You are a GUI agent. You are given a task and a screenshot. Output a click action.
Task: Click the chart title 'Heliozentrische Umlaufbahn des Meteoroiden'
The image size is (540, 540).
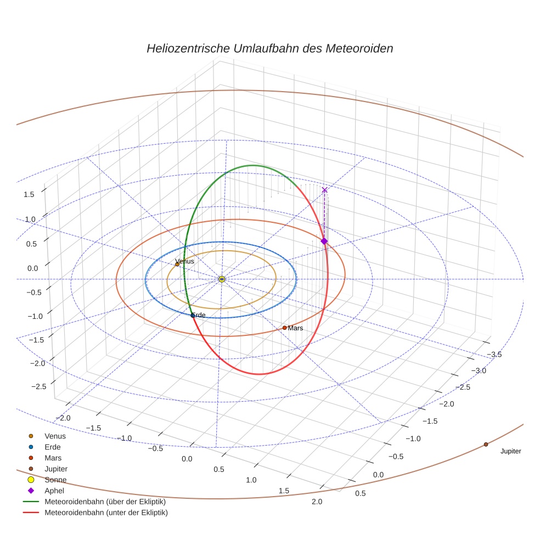click(x=269, y=48)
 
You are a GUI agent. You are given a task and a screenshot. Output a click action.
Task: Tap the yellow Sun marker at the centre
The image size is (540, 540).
click(x=222, y=279)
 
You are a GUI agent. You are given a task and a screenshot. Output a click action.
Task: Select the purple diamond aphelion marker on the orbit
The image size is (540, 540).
click(x=324, y=241)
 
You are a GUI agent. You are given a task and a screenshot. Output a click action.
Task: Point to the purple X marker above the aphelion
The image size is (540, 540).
click(x=324, y=190)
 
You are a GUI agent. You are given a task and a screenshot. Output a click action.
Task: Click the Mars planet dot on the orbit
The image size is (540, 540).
click(x=284, y=328)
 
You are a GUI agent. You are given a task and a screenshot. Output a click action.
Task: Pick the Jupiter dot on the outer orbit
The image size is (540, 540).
click(x=486, y=445)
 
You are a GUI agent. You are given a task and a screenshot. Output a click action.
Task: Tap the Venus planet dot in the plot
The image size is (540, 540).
click(x=177, y=265)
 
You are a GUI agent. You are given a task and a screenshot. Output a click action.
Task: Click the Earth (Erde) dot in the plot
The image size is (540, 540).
click(x=193, y=315)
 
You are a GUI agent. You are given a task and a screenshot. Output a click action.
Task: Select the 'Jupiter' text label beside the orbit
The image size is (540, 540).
click(x=510, y=452)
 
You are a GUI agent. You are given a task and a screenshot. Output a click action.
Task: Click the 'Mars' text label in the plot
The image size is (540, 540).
click(x=295, y=328)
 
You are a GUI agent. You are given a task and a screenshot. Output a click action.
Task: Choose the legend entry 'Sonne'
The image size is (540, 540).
click(x=55, y=480)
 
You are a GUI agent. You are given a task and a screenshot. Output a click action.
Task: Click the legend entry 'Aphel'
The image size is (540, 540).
click(x=55, y=491)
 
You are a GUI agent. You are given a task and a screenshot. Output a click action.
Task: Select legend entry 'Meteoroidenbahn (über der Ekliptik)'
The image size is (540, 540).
click(x=105, y=502)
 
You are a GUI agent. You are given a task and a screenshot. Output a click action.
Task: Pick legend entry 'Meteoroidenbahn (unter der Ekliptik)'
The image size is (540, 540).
click(x=106, y=513)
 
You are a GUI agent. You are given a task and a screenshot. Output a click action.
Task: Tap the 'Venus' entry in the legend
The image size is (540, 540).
click(x=55, y=436)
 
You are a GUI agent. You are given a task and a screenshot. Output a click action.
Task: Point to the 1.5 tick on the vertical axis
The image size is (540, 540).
click(x=29, y=194)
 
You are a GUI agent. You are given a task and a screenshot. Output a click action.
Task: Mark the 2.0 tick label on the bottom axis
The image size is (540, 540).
click(x=317, y=502)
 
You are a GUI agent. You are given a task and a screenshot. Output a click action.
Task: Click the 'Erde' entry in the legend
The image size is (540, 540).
click(x=53, y=447)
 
